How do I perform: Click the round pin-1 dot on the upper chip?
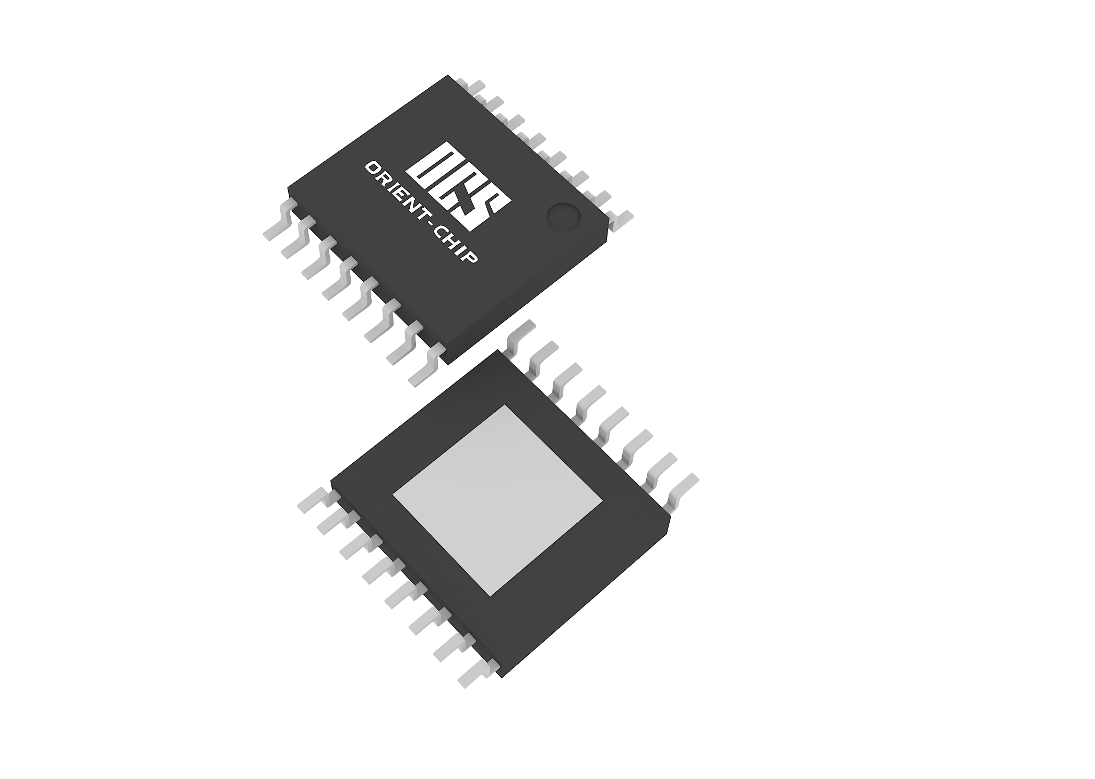point(563,216)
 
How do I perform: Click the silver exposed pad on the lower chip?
point(497,500)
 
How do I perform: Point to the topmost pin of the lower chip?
point(520,331)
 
